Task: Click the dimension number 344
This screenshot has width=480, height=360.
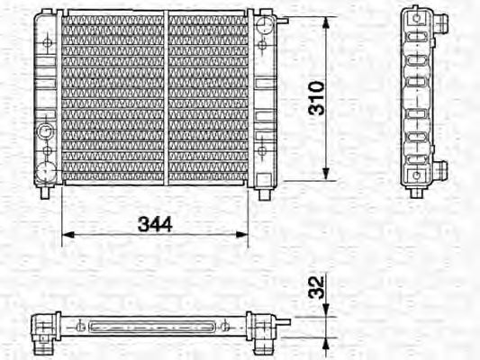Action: click(x=155, y=222)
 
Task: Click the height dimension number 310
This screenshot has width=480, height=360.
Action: click(x=315, y=96)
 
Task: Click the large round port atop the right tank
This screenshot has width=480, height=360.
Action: click(x=262, y=24)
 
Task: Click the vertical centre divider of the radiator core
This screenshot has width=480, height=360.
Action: click(x=166, y=97)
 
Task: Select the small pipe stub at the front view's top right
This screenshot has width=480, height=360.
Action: click(x=278, y=20)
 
